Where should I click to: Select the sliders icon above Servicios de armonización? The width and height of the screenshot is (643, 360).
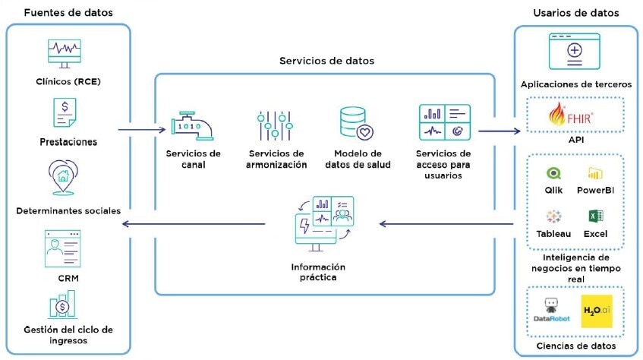tap(274, 125)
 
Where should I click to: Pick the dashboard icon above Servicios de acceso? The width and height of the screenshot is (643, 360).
tap(444, 122)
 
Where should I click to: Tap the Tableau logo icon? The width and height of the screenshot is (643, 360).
tap(553, 215)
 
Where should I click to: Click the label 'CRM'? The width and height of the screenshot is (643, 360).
tap(68, 278)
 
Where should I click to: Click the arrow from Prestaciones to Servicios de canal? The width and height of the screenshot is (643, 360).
tap(141, 129)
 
